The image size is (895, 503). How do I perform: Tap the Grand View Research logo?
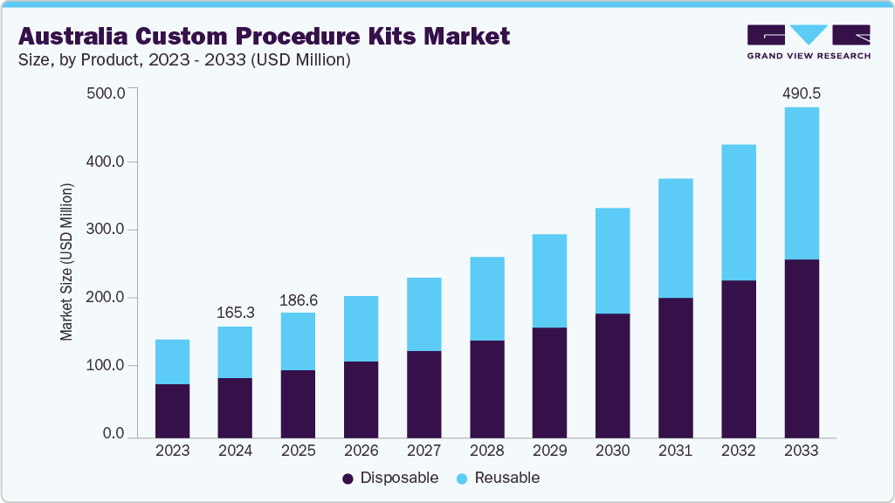pos(809,41)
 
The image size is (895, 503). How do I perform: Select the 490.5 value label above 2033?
pos(802,93)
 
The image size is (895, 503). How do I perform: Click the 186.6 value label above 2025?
pos(298,300)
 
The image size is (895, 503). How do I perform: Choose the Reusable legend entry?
pos(498,478)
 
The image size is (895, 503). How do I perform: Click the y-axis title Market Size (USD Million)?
pos(66,262)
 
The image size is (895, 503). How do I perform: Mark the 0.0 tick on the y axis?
pos(114,434)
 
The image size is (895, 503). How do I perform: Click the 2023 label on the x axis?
pos(172,451)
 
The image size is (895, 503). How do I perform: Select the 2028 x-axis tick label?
pos(486,451)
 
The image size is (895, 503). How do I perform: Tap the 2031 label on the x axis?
pos(675,451)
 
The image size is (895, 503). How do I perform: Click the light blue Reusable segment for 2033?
pos(802,183)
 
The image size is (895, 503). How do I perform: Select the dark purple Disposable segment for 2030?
pos(612,376)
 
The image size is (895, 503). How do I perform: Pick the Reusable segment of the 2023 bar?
pos(172,362)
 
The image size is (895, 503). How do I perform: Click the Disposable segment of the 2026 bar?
pos(361,399)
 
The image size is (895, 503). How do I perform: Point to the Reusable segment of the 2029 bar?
pos(549,280)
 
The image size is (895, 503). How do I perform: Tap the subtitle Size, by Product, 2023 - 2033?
pos(184,60)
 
